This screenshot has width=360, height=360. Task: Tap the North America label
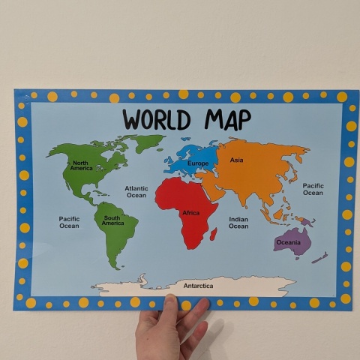pyautogui.click(x=81, y=165)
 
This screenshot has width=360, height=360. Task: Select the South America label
pyautogui.click(x=112, y=220)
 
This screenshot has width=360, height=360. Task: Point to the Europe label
pyautogui.click(x=198, y=163)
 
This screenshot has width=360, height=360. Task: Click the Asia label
pyautogui.click(x=237, y=160)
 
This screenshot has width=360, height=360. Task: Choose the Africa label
pyautogui.click(x=190, y=213)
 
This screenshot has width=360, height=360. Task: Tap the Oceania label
pyautogui.click(x=288, y=242)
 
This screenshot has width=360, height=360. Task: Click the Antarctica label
pyautogui.click(x=198, y=286)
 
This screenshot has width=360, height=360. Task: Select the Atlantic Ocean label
pyautogui.click(x=136, y=192)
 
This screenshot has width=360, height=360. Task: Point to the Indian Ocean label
pyautogui.click(x=238, y=222)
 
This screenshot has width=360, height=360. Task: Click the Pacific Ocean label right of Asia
pyautogui.click(x=313, y=189)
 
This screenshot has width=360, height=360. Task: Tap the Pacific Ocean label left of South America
pyautogui.click(x=69, y=222)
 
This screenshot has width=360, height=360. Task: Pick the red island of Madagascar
pyautogui.click(x=214, y=235)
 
